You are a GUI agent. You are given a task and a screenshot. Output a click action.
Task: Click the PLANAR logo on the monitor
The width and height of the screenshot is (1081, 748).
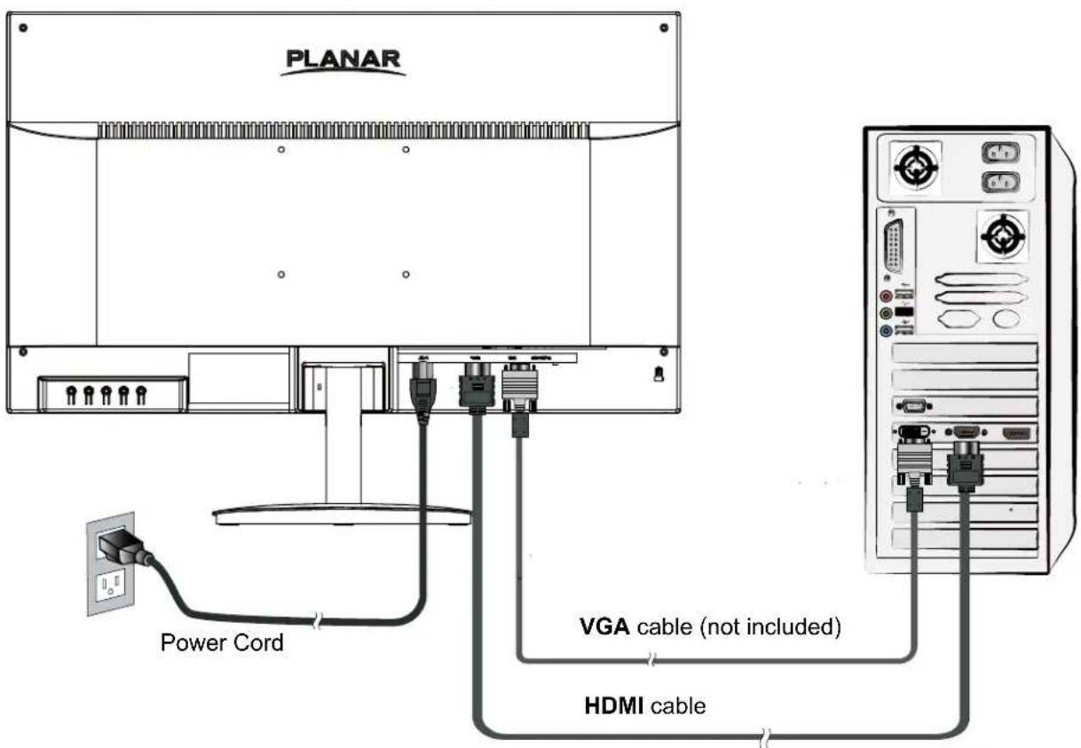pos(344,61)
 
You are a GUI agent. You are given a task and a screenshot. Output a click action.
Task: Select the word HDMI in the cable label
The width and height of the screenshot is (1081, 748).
pos(614,706)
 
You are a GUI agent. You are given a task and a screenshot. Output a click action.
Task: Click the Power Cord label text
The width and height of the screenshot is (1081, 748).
pos(222,642)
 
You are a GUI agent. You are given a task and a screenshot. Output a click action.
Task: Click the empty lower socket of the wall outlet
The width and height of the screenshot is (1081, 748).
pos(111,587)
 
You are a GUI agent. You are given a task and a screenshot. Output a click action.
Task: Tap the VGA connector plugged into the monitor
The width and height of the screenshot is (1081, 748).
pos(519,388)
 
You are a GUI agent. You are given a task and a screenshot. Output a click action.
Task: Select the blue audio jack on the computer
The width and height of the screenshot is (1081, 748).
pos(885,330)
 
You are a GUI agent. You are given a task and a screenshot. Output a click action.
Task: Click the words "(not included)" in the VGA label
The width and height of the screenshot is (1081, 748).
pos(769,627)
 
